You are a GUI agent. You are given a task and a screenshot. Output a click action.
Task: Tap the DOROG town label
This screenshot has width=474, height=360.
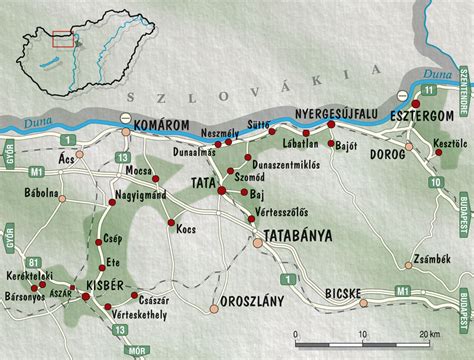388,155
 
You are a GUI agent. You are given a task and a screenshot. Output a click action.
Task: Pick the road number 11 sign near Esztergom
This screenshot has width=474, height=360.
428,90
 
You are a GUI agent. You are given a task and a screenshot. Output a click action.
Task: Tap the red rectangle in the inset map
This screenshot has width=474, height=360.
62,39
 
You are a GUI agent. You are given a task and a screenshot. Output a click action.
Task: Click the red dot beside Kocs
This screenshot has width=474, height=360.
171,222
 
